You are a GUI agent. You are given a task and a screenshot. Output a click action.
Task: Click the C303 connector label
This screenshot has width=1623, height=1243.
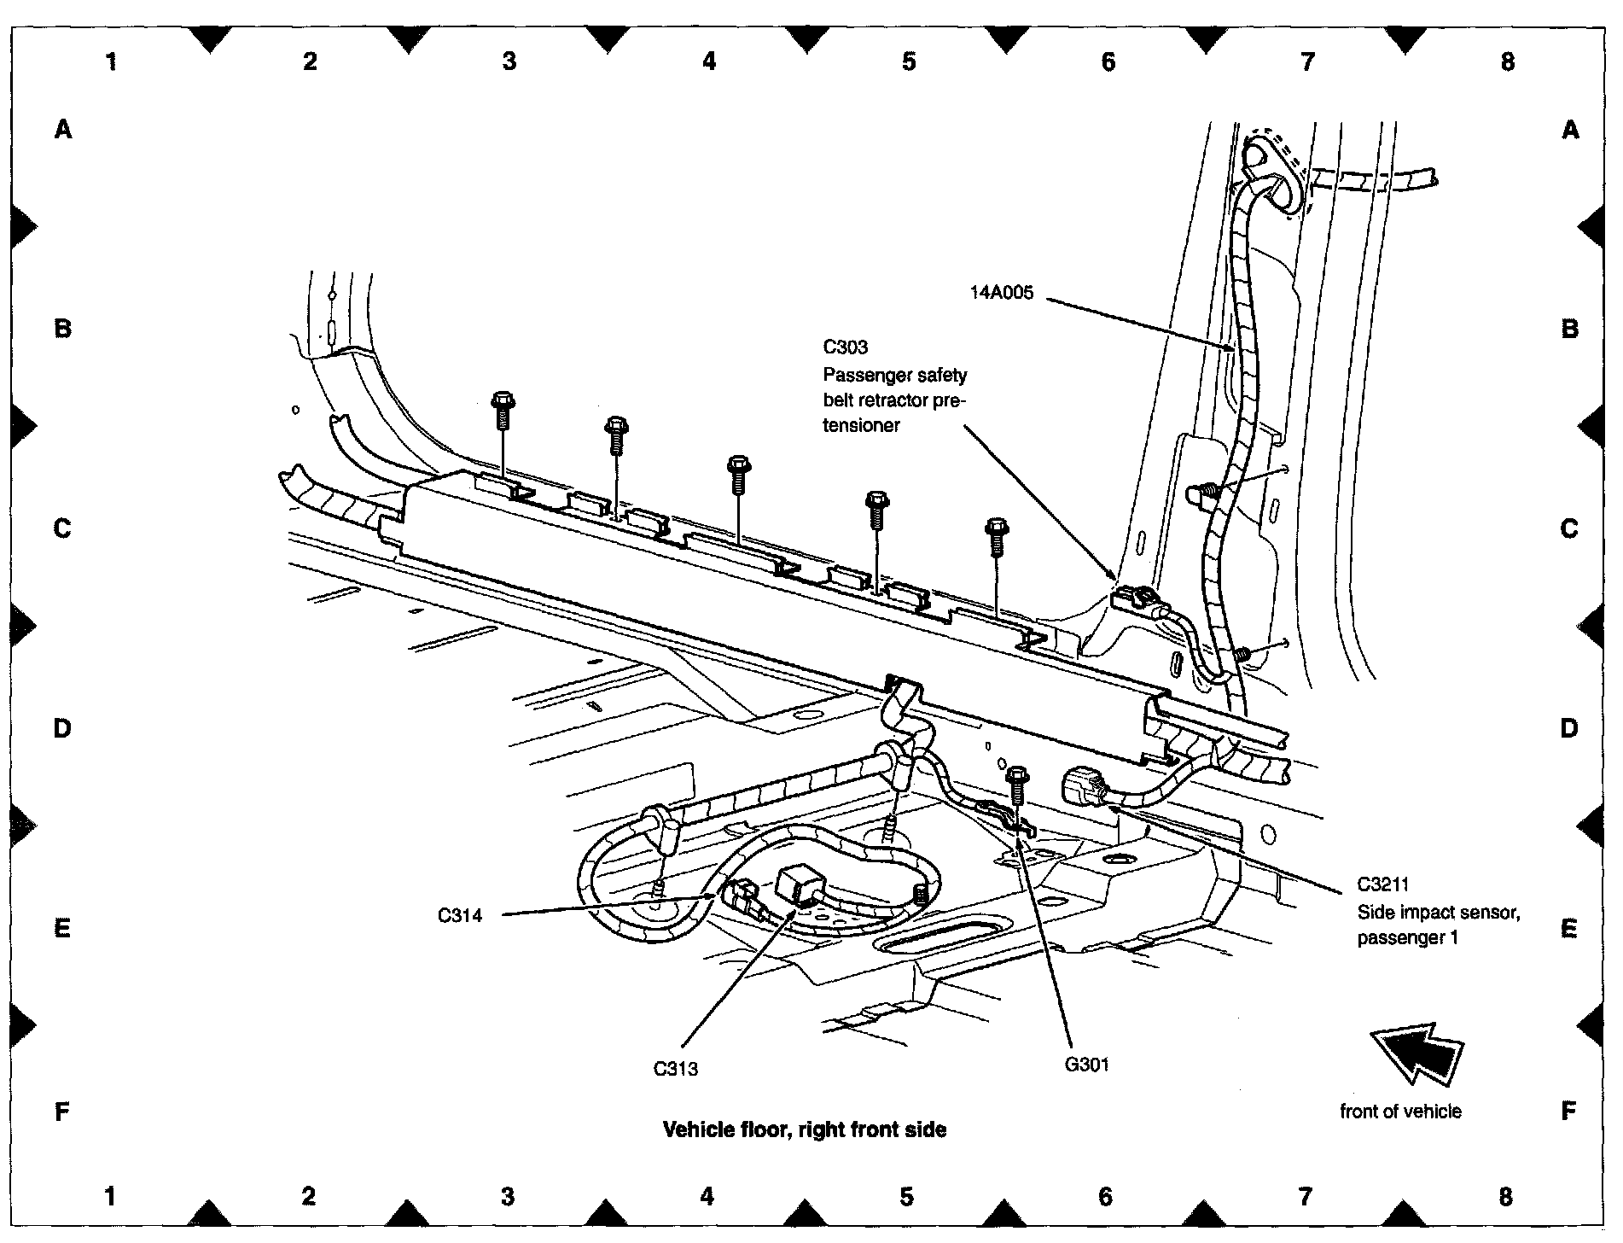[x=845, y=347]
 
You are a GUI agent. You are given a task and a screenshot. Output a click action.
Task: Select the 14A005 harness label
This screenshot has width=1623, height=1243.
[x=1001, y=293]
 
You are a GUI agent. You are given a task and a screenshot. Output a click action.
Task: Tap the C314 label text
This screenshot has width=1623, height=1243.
[x=460, y=916]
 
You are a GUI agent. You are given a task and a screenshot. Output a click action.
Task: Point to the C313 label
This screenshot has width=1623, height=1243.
[x=675, y=1068]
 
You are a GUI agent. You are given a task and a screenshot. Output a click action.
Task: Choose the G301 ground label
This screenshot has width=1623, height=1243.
[x=1086, y=1064]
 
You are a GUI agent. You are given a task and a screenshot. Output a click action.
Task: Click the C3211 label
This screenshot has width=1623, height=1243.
[x=1382, y=884]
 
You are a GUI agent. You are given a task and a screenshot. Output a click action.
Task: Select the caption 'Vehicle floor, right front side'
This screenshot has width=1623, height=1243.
[x=805, y=1129]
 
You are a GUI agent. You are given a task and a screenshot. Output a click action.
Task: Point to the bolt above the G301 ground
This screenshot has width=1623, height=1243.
[x=1016, y=785]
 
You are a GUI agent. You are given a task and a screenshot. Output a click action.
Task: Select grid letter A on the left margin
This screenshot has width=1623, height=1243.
[x=63, y=130]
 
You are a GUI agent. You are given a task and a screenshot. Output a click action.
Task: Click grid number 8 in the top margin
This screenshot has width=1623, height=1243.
[x=1507, y=61]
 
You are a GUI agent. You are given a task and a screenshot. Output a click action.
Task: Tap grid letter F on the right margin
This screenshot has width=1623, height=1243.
[x=1568, y=1111]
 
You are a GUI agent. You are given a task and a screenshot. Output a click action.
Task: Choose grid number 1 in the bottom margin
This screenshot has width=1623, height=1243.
[x=110, y=1196]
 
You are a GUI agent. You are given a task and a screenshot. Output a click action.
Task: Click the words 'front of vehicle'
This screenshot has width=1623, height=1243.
[x=1400, y=1111]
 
